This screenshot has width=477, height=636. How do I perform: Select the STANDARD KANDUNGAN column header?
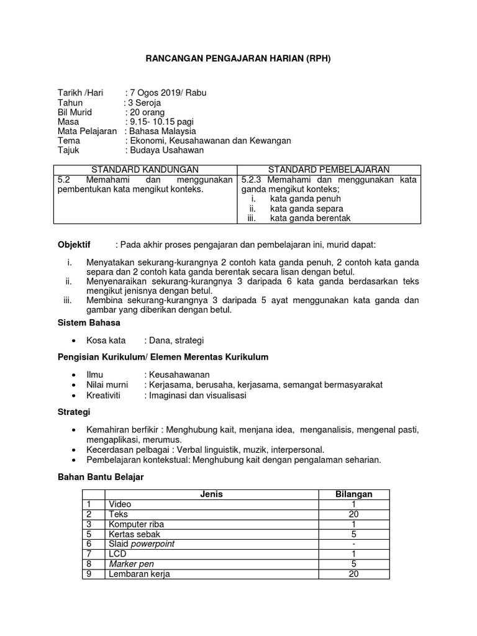point(145,169)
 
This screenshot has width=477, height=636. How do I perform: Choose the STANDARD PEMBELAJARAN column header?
point(329,169)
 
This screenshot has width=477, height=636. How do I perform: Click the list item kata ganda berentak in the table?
point(311,217)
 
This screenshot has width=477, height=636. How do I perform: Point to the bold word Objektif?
point(74,245)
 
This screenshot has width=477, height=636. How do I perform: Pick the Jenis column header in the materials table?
point(211,494)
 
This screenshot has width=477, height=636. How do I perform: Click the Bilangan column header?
point(353,494)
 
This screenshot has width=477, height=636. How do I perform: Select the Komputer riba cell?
point(136,524)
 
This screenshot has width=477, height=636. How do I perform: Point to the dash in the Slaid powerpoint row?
point(353,544)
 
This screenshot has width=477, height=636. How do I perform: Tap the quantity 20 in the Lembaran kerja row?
point(353,574)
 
